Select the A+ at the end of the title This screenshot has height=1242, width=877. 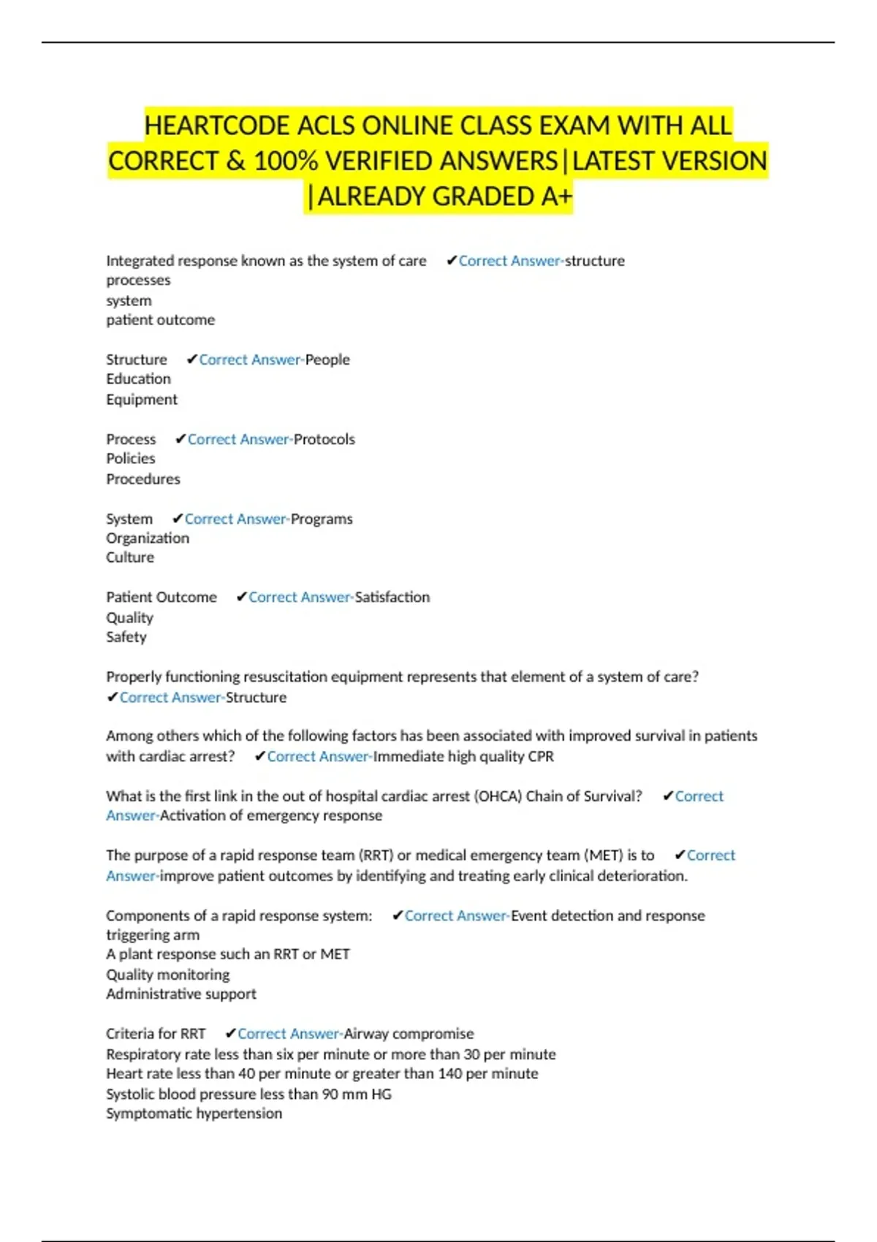pyautogui.click(x=557, y=197)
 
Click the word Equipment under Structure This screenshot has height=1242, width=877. pyautogui.click(x=142, y=400)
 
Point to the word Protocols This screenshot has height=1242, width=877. pyautogui.click(x=324, y=439)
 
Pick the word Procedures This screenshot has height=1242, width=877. pyautogui.click(x=143, y=479)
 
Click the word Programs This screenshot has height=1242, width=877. pyautogui.click(x=322, y=519)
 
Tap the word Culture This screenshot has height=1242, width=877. pyautogui.click(x=130, y=557)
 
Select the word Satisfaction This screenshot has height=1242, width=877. pyautogui.click(x=392, y=598)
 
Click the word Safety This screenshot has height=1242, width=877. pyautogui.click(x=126, y=637)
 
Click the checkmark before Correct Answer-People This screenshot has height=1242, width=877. pyautogui.click(x=192, y=359)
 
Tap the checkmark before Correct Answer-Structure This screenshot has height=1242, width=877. pyautogui.click(x=113, y=698)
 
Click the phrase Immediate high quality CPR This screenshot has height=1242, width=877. pyautogui.click(x=463, y=757)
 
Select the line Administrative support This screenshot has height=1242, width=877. pyautogui.click(x=181, y=994)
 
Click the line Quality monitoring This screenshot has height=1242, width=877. pyautogui.click(x=168, y=975)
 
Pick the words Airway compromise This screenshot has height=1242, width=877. pyautogui.click(x=409, y=1034)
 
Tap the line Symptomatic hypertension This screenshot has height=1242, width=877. pyautogui.click(x=194, y=1113)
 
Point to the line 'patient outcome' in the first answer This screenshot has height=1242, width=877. pyautogui.click(x=161, y=320)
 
